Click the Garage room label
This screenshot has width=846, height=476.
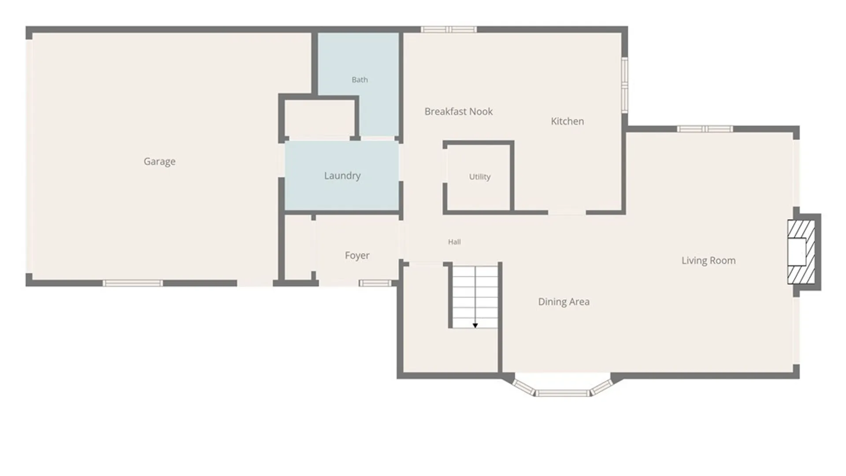[x=160, y=162]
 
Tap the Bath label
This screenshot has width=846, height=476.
[x=360, y=80]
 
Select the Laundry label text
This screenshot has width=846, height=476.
[x=342, y=176]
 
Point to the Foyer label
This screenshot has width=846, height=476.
[x=357, y=256]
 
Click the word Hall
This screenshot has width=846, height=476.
[x=454, y=242]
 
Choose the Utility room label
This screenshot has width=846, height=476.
[x=480, y=177]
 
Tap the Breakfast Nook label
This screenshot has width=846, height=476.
[x=459, y=112]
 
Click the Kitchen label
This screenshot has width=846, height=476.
[x=568, y=121]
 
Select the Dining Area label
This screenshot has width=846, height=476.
[x=564, y=302]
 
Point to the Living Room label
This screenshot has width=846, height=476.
[x=709, y=260]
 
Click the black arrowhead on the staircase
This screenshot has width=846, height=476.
[x=475, y=326]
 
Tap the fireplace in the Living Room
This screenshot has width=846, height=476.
[x=801, y=252]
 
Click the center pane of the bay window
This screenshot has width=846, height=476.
[x=562, y=393]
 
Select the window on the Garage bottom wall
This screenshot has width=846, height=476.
[x=133, y=283]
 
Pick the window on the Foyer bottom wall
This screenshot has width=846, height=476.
[x=375, y=283]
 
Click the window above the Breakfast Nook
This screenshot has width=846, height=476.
[x=449, y=30]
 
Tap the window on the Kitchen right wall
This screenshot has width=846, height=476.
[x=625, y=84]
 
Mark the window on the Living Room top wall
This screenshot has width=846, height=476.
[x=705, y=129]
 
